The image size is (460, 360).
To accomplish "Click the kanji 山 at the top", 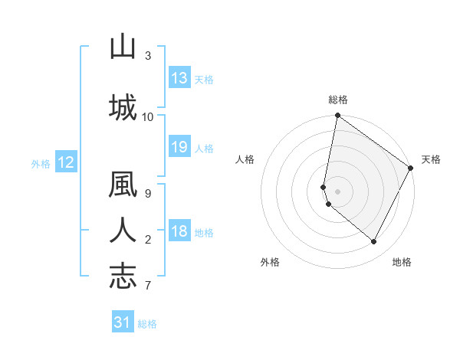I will point(123,48).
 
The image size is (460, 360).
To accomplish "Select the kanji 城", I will point(123,106).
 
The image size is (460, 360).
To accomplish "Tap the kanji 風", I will point(123,186).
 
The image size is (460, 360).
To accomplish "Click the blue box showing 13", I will point(179,78).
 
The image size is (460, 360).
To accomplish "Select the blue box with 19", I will point(179,147).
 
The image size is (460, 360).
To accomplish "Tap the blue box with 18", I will point(179,232).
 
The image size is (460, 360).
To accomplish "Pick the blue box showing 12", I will point(65,162).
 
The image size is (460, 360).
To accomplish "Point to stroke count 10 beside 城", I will point(148,116).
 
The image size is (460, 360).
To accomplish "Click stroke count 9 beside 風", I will point(148,193).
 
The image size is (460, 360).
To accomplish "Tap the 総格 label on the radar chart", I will point(337,100).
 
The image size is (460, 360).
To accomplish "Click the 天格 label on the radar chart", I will point(431,159).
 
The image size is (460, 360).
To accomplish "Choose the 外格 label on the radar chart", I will point(270,262).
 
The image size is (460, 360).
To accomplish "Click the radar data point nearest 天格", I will point(411,169).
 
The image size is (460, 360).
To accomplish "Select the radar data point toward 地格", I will point(374,242).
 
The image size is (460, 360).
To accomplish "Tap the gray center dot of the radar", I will point(337,191).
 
